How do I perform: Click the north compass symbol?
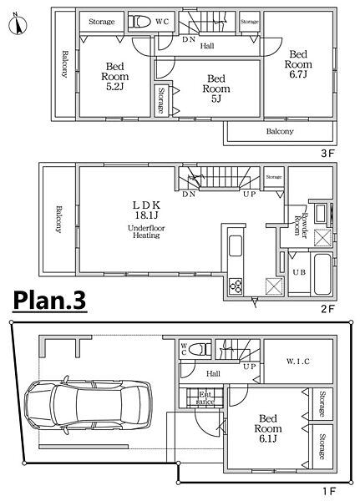(18, 23)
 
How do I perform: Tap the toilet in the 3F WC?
(139, 22)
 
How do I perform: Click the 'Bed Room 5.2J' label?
(114, 76)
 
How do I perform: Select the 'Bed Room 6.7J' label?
(298, 64)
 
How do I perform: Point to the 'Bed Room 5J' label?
(216, 89)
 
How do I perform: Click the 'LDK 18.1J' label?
(146, 210)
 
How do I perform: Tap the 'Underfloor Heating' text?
(146, 231)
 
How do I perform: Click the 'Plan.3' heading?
(49, 301)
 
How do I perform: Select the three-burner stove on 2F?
(236, 286)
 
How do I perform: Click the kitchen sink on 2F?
(236, 245)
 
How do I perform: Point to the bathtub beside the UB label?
(322, 274)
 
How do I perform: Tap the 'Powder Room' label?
(301, 225)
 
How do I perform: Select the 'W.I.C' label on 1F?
(297, 362)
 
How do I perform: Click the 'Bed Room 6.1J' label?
(267, 428)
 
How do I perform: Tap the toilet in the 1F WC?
(200, 349)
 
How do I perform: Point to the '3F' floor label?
(327, 154)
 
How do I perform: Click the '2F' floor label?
(327, 309)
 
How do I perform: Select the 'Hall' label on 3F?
(207, 46)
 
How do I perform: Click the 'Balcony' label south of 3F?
(280, 131)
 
